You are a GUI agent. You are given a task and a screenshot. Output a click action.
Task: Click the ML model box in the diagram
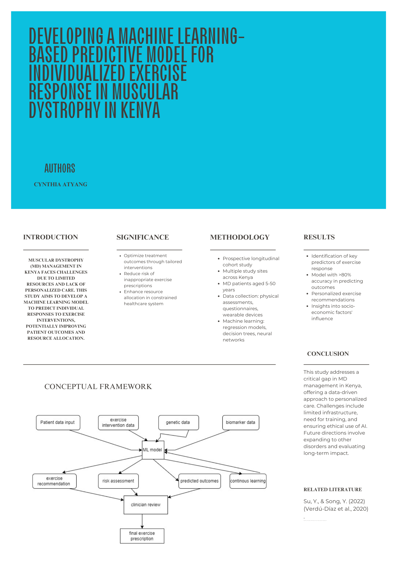click(153, 450)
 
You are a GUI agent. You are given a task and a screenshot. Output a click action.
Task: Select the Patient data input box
click(58, 423)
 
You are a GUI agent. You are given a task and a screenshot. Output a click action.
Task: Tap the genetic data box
click(178, 423)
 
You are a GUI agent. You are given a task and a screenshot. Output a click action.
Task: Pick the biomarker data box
click(240, 423)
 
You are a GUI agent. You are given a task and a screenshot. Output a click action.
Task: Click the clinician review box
click(146, 505)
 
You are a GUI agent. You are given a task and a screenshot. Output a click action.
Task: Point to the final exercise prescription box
click(142, 536)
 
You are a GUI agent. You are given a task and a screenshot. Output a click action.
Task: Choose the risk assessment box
click(118, 481)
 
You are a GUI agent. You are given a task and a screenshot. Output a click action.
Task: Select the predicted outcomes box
click(199, 481)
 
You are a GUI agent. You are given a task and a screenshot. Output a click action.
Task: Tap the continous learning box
click(248, 481)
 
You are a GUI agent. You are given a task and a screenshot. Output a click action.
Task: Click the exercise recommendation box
click(54, 481)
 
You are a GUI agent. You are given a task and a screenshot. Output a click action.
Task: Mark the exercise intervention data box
click(118, 423)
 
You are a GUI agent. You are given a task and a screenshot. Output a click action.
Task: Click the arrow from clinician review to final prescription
click(142, 521)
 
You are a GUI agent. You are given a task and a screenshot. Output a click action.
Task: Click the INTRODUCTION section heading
click(51, 237)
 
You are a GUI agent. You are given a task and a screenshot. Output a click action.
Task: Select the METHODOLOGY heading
click(240, 237)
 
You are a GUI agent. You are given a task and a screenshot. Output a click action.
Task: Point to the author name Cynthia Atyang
click(61, 184)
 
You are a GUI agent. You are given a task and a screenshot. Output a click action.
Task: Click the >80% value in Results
click(345, 275)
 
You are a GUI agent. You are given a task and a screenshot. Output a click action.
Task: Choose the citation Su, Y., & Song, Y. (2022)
click(334, 501)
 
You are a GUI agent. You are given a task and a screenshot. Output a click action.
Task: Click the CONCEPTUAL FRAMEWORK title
click(98, 387)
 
